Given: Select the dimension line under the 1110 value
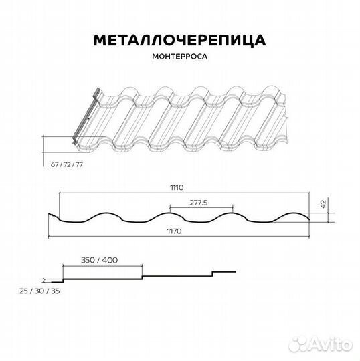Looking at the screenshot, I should [x=177, y=193].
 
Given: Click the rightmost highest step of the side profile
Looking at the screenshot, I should [x=224, y=271].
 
